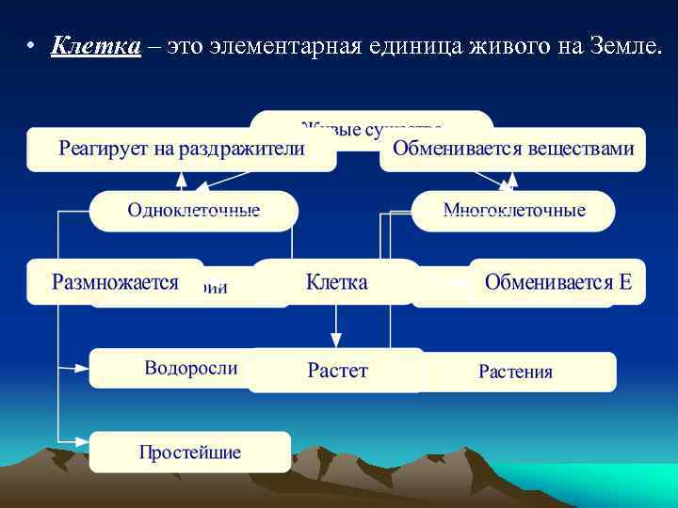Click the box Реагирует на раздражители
click(181, 150)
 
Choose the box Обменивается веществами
click(513, 150)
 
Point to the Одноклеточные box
click(193, 210)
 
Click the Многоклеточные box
click(514, 210)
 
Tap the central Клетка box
click(336, 282)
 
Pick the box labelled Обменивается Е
click(557, 282)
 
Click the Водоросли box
click(169, 367)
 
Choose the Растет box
click(336, 371)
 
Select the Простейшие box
click(190, 452)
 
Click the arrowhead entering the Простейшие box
click(84, 439)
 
